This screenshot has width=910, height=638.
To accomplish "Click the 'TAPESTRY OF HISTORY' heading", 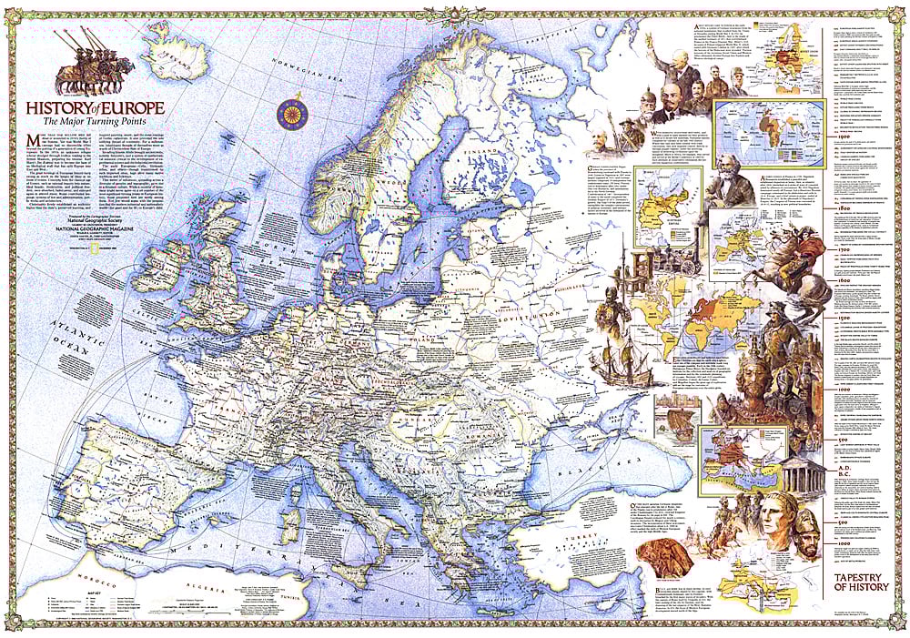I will point(861,582).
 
